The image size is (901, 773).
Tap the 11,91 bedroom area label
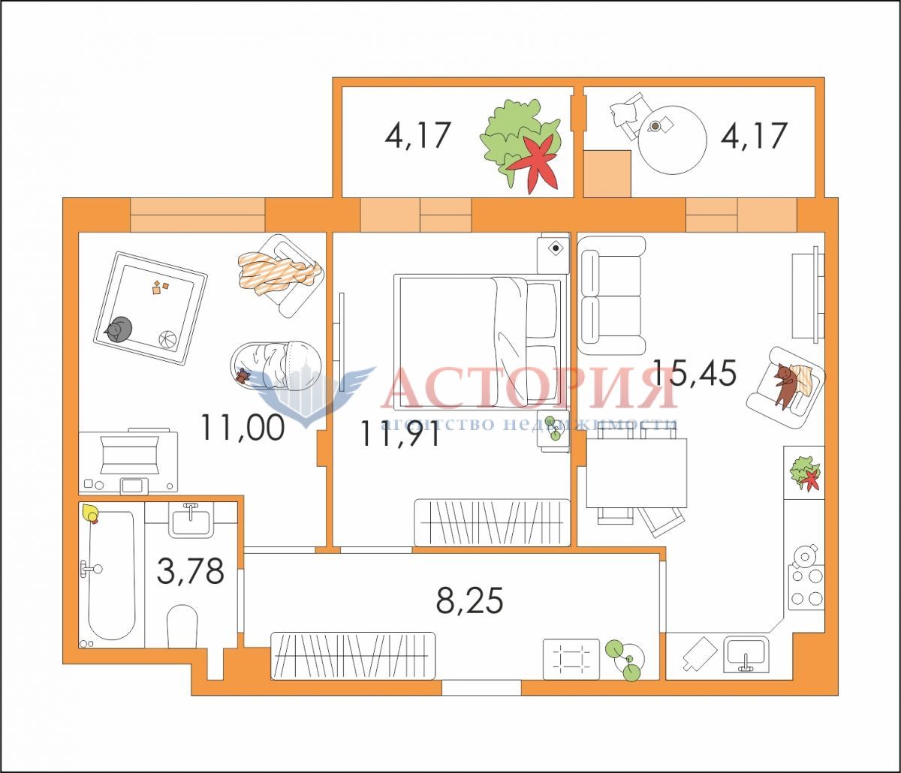click(x=399, y=434)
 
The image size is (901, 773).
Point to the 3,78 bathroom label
click(x=191, y=571)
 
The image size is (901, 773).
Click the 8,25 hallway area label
click(x=470, y=600)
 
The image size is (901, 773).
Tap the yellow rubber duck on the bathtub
click(x=90, y=513)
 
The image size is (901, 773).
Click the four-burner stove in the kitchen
click(x=806, y=588)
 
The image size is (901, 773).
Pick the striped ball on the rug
click(x=168, y=338)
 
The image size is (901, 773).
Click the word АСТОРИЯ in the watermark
click(x=529, y=388)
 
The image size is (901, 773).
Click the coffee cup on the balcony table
click(x=654, y=126)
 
